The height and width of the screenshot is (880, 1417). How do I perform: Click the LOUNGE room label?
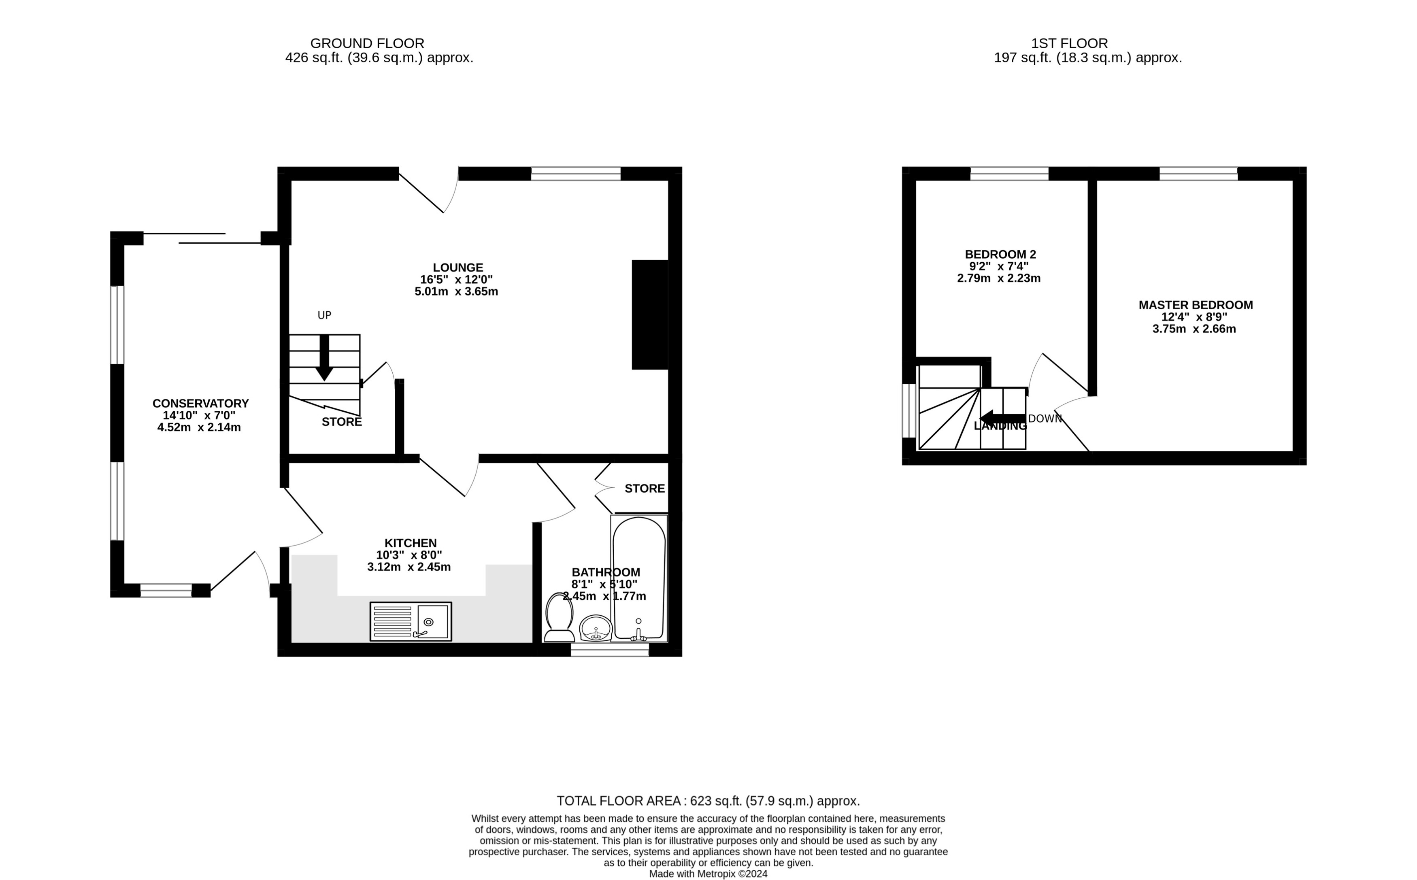(x=457, y=268)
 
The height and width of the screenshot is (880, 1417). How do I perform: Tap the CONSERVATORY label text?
(x=200, y=403)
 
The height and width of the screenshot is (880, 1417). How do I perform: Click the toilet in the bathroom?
(x=559, y=618)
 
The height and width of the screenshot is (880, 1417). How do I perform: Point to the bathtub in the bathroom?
(x=638, y=577)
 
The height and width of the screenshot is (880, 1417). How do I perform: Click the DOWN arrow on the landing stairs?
(x=1002, y=418)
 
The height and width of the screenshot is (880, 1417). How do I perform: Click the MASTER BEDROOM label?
(x=1195, y=305)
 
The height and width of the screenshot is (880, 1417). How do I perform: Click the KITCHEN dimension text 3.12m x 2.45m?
(x=409, y=567)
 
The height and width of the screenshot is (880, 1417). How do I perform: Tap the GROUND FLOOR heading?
(x=367, y=43)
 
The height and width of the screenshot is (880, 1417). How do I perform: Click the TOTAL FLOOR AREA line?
(x=708, y=801)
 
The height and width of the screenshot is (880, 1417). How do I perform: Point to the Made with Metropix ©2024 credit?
(x=708, y=874)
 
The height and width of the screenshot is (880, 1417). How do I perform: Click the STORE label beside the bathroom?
(x=644, y=488)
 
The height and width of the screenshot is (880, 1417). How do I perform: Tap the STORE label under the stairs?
(x=342, y=422)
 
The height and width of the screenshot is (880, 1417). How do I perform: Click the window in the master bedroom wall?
(x=1198, y=173)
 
